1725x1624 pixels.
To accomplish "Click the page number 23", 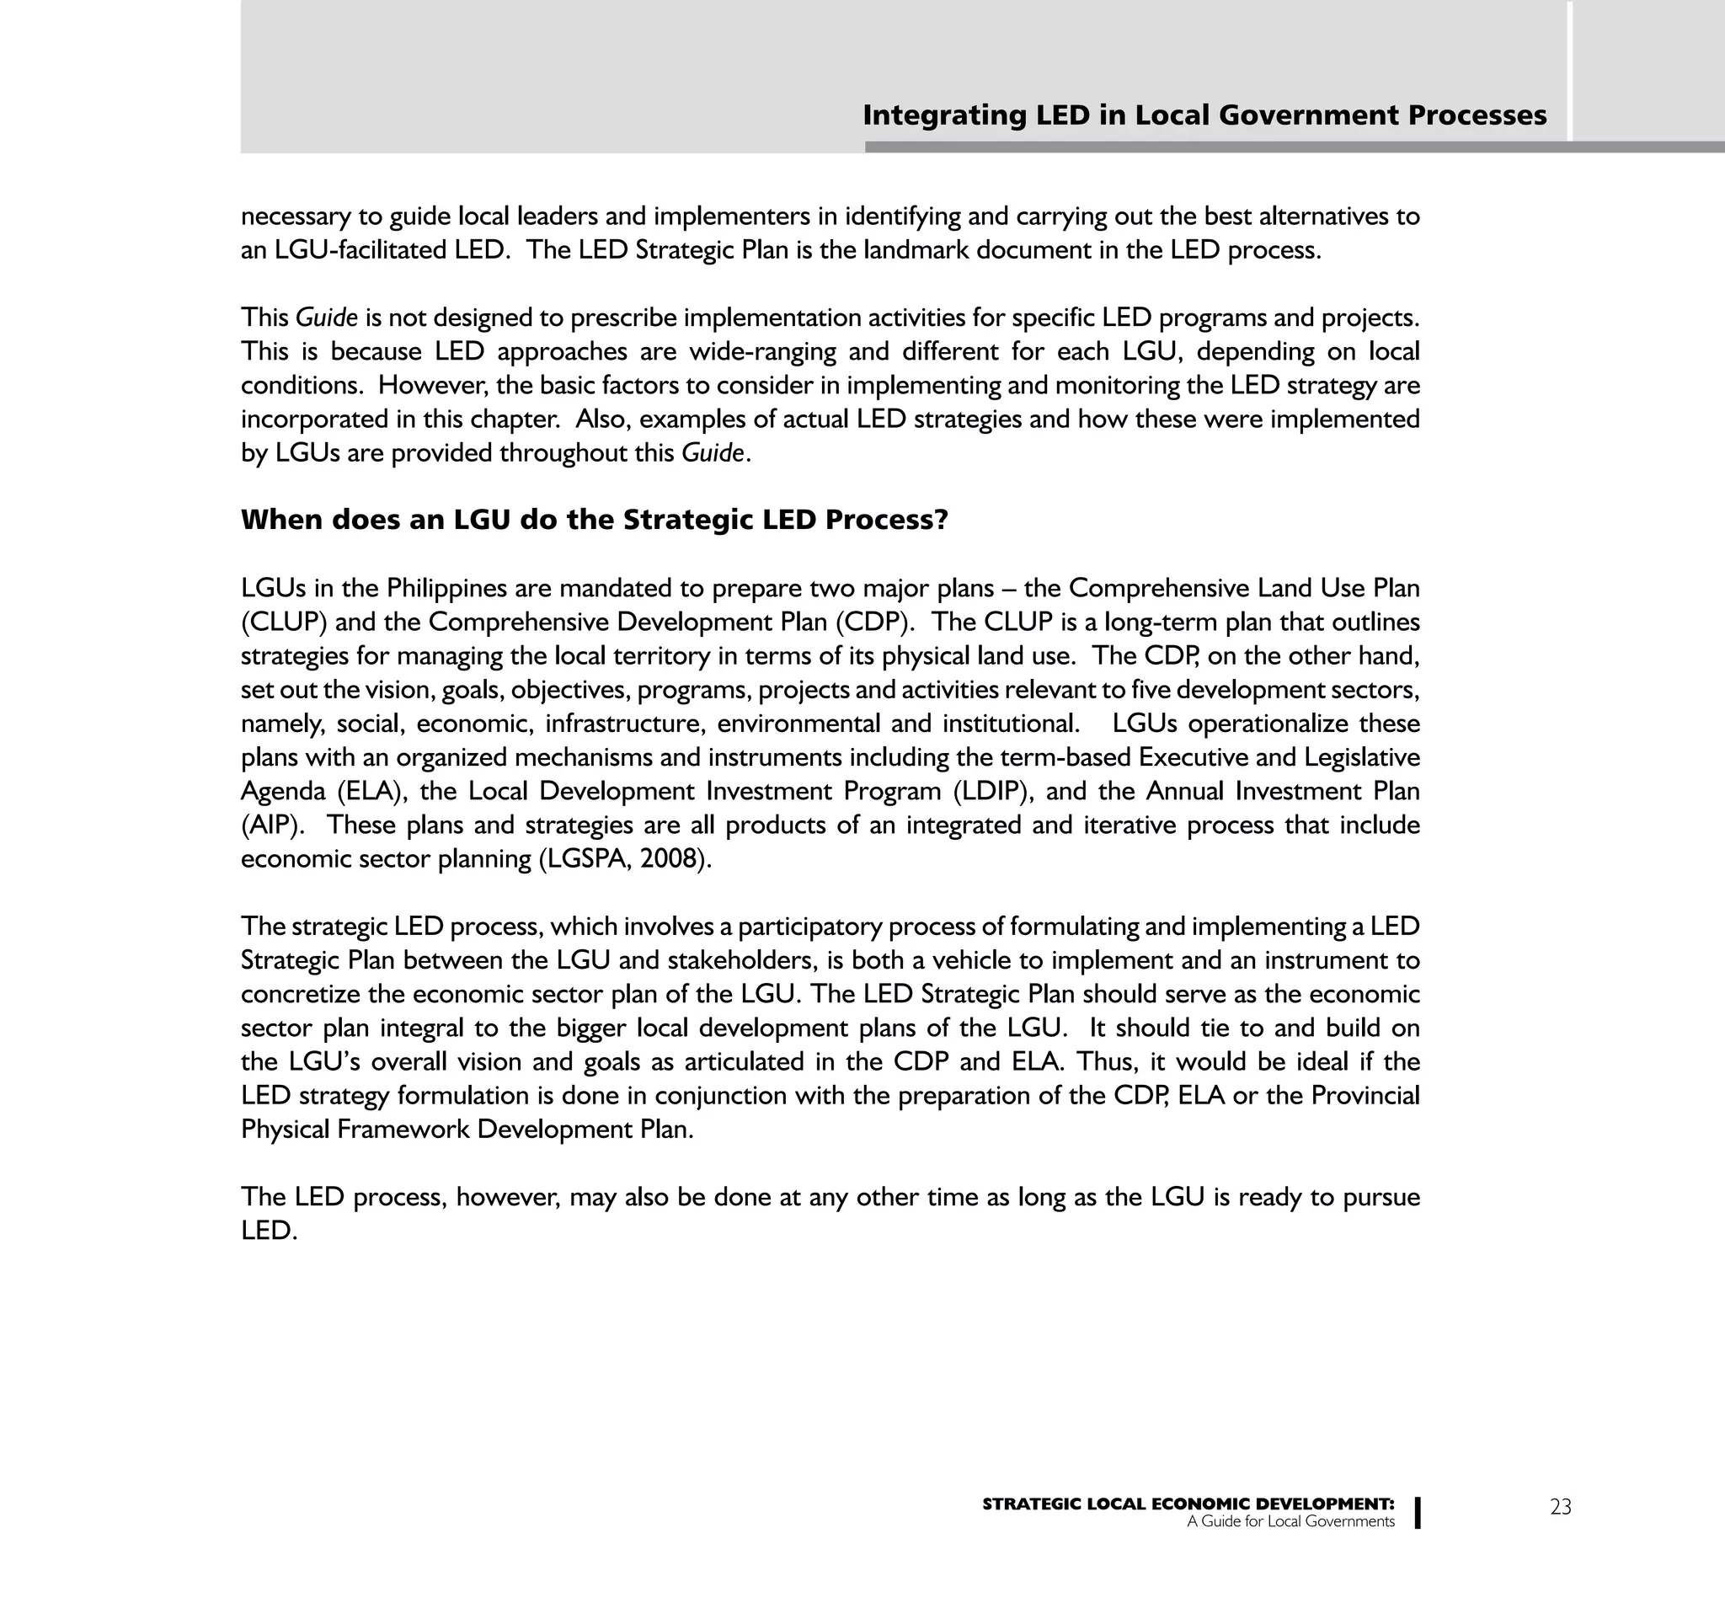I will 1560,1507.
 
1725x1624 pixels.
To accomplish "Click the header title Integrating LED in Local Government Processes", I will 1204,115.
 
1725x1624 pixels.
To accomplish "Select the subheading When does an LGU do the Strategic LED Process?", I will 594,520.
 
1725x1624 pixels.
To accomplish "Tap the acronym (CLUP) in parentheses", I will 283,622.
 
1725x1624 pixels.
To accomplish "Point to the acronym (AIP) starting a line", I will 270,825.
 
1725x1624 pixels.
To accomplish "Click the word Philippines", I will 446,588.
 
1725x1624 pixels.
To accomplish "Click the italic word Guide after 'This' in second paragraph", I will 326,318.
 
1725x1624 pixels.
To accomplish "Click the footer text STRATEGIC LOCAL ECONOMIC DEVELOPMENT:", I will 1188,1504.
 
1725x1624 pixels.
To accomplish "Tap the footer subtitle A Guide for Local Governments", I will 1290,1521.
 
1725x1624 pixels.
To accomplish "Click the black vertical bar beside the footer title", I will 1417,1512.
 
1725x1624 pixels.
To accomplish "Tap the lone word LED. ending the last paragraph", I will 268,1231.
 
